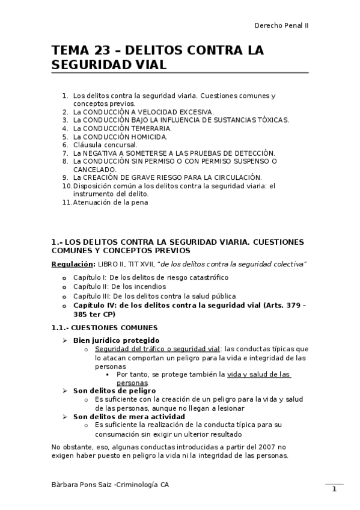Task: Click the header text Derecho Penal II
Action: coord(282,26)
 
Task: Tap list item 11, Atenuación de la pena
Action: coord(110,202)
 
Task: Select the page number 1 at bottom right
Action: coord(334,489)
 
